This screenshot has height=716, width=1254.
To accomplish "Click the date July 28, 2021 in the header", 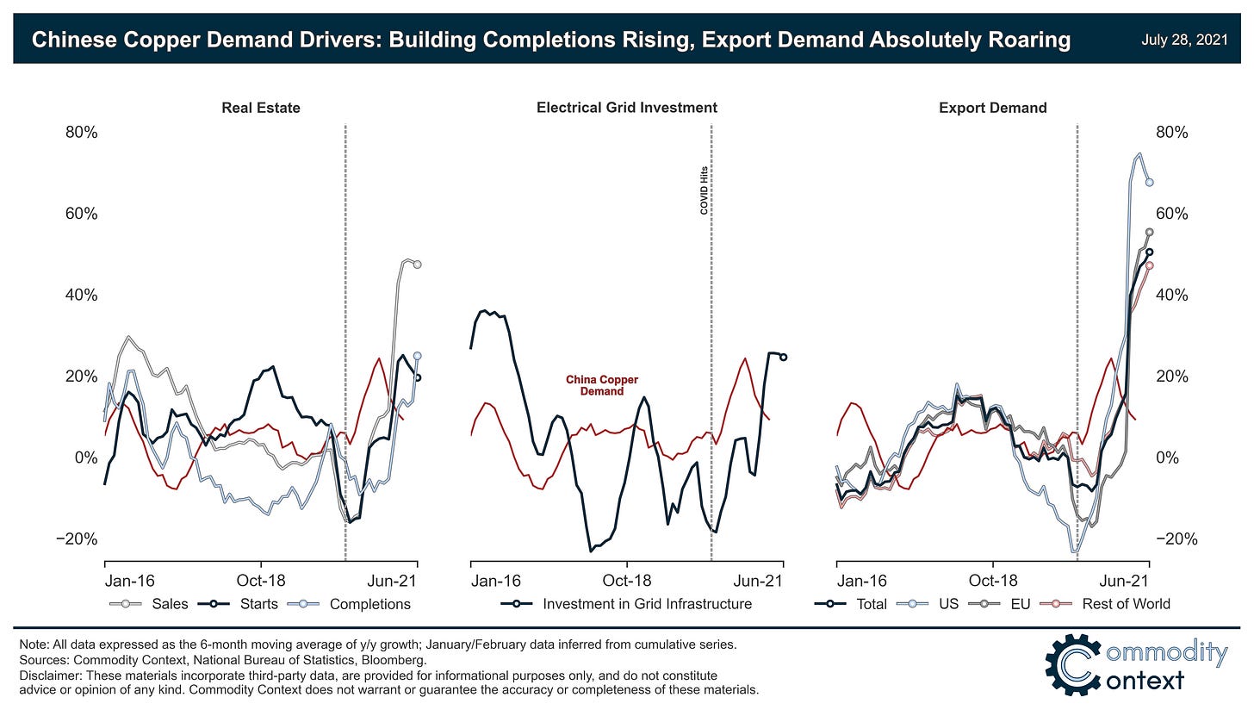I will pyautogui.click(x=1188, y=40).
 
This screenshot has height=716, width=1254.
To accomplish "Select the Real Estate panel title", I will pyautogui.click(x=261, y=108).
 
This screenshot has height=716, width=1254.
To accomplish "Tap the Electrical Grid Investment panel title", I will pyautogui.click(x=626, y=108).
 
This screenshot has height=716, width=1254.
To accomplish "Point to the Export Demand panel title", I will pyautogui.click(x=993, y=108).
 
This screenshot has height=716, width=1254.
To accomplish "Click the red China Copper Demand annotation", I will pyautogui.click(x=602, y=385).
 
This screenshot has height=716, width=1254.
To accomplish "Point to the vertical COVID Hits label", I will pyautogui.click(x=704, y=190).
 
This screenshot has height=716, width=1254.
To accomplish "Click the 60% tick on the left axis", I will pyautogui.click(x=82, y=214).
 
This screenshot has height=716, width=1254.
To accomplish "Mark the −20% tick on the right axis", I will pyautogui.click(x=1171, y=539).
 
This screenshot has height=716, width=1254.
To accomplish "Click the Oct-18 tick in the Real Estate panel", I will pyautogui.click(x=261, y=581).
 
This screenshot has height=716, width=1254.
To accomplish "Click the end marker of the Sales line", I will pyautogui.click(x=417, y=265).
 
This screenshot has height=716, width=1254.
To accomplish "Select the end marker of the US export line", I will pyautogui.click(x=1149, y=182).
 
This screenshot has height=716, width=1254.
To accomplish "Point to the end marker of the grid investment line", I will pyautogui.click(x=783, y=357).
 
